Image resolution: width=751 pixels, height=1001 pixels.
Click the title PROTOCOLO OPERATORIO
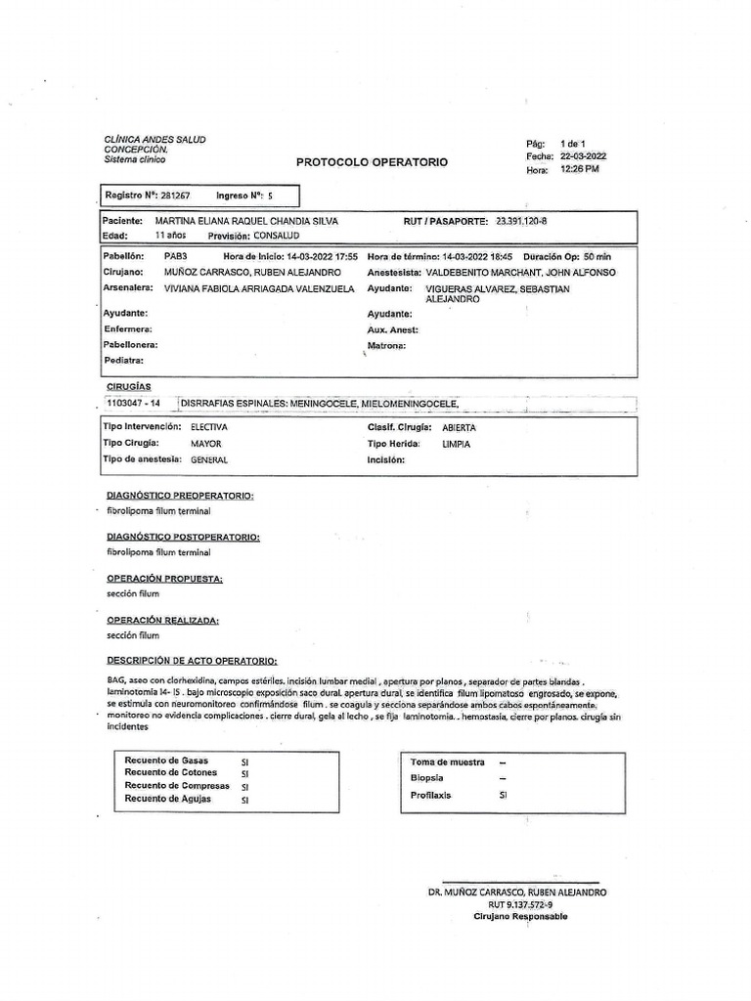(372, 162)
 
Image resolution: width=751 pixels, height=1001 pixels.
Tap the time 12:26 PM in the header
(579, 169)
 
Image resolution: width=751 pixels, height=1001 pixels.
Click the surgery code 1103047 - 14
(132, 403)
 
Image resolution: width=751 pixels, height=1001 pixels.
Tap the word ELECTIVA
(209, 428)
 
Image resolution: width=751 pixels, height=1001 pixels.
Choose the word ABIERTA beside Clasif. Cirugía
(459, 428)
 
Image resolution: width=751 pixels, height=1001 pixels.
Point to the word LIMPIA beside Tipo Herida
(456, 444)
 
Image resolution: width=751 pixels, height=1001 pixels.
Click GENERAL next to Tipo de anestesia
(210, 459)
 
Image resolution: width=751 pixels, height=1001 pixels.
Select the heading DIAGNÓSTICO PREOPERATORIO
(180, 496)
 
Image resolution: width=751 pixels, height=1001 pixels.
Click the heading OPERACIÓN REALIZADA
(162, 620)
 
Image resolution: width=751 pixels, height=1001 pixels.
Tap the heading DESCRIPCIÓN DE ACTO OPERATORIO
(192, 661)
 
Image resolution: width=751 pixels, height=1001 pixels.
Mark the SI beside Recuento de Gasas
(245, 760)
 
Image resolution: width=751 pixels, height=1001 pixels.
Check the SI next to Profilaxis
(503, 796)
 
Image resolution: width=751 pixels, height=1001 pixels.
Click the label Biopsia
(427, 778)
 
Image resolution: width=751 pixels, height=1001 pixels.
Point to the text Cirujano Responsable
(519, 917)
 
